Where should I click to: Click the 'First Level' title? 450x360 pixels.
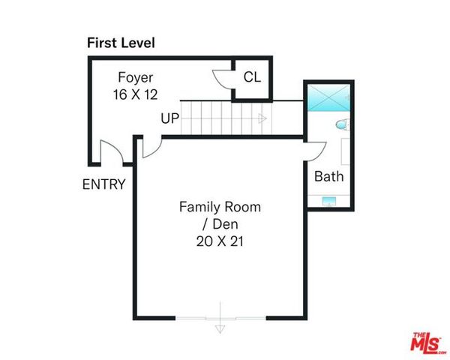tap(121, 43)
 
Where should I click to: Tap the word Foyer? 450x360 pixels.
tap(136, 77)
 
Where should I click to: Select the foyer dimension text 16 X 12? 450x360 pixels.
tap(136, 94)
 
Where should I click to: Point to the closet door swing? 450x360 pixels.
tap(222, 79)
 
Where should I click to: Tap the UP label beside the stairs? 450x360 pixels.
tap(169, 118)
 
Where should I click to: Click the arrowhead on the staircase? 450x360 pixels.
tap(262, 118)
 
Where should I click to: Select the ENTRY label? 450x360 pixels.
tap(103, 184)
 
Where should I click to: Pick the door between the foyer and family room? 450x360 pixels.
tap(148, 147)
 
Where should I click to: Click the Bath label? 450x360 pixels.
tap(328, 177)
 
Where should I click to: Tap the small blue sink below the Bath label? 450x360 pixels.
tap(328, 201)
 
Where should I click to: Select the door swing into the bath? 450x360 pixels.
tap(313, 150)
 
